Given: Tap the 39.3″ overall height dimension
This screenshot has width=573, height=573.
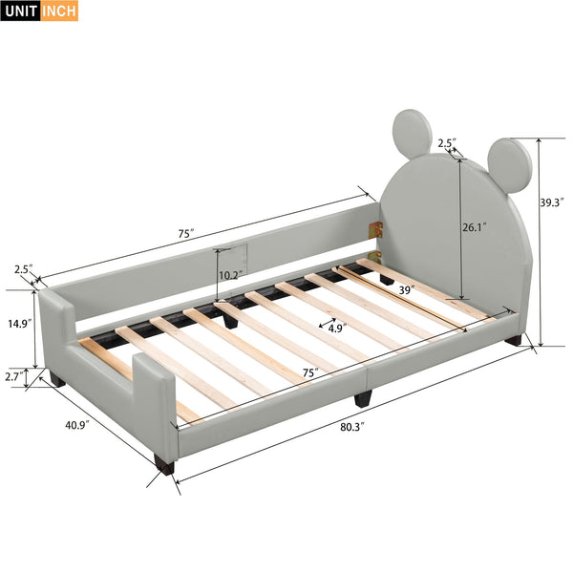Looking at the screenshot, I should [x=552, y=202].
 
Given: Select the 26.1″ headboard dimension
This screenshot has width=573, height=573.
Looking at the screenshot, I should [x=474, y=227].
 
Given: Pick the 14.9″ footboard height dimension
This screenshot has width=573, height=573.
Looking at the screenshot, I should [x=15, y=323].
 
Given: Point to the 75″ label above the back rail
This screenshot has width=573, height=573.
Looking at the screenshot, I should [x=184, y=233].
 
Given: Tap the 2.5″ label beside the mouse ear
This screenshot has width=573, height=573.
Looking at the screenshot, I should [x=446, y=143].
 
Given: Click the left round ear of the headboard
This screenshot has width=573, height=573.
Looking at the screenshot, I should [x=413, y=134].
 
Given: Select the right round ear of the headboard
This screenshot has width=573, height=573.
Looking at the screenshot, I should [x=506, y=164].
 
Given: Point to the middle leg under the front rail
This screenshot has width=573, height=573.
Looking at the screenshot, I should [x=363, y=397].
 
